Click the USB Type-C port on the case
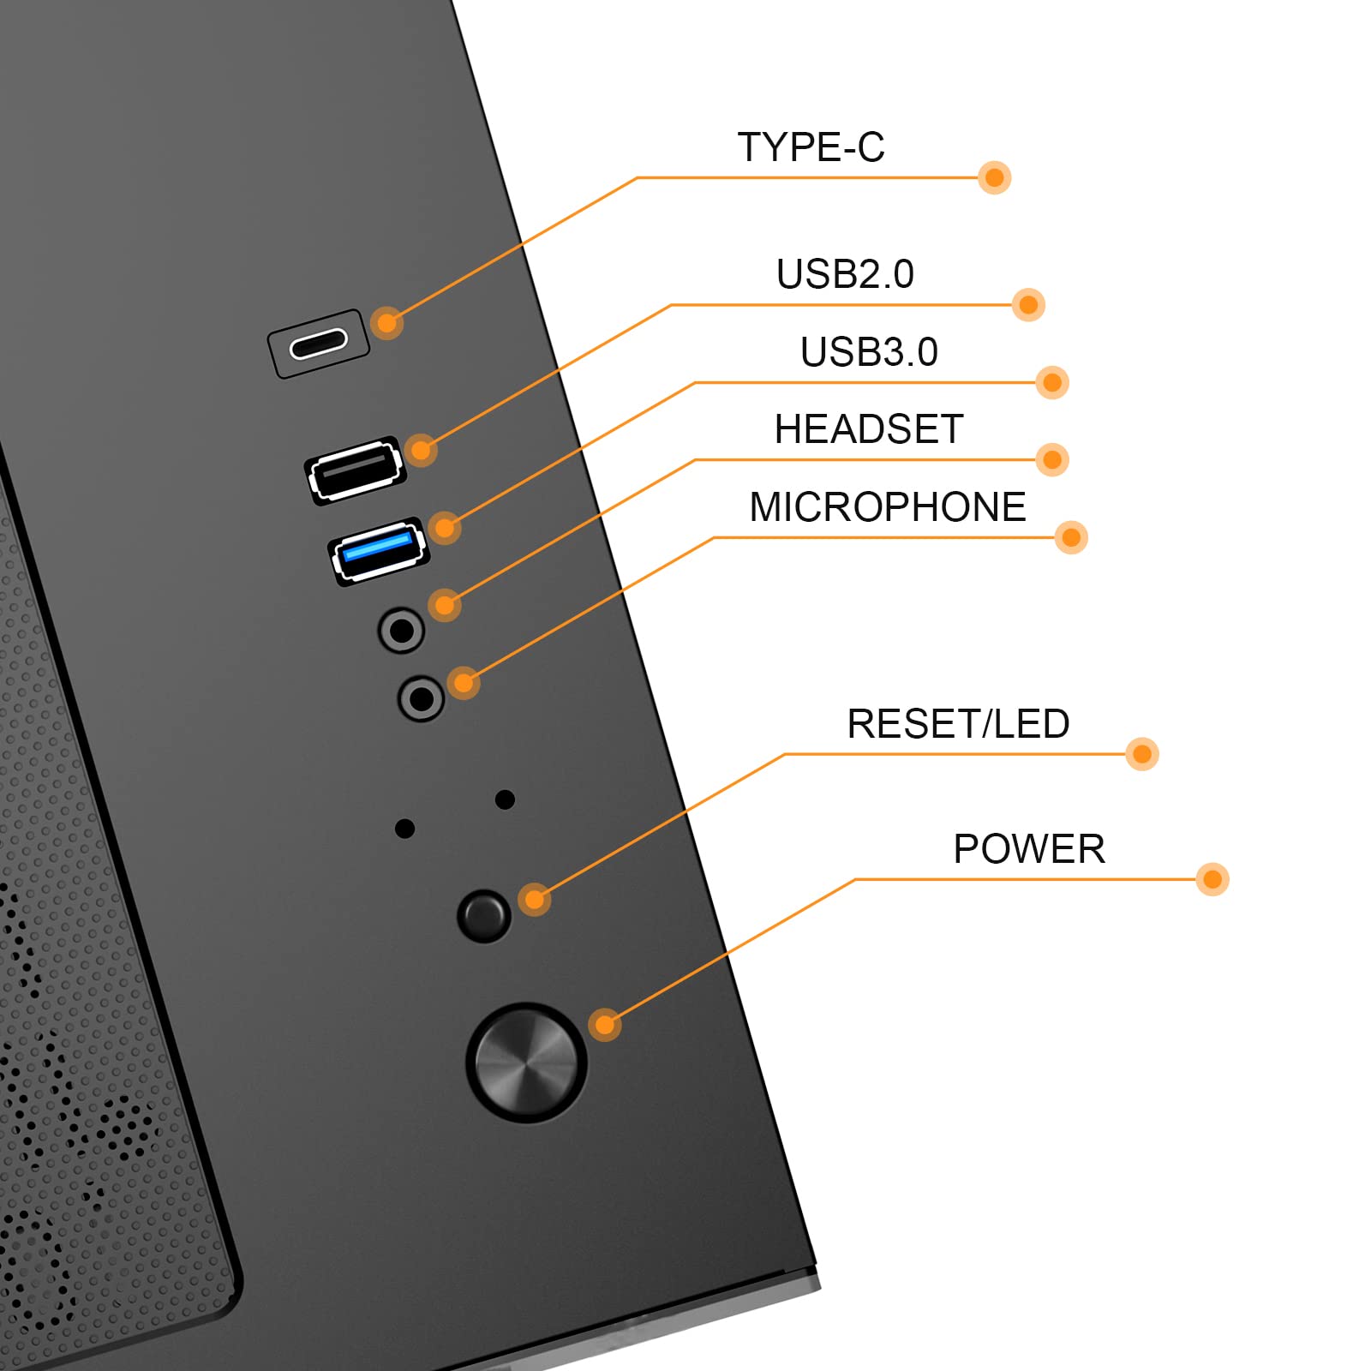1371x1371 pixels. click(318, 344)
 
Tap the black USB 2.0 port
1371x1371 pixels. click(356, 470)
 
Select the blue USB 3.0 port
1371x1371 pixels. click(379, 551)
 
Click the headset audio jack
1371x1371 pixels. click(401, 631)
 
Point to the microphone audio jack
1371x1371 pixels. click(421, 698)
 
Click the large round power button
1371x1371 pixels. click(526, 1063)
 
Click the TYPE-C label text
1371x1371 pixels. click(811, 147)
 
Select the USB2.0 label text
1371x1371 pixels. click(845, 274)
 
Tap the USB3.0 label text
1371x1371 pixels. click(869, 352)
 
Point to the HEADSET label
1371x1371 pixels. click(869, 429)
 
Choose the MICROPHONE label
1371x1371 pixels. click(888, 507)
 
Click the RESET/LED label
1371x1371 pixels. click(958, 724)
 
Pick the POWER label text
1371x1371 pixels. click(1029, 849)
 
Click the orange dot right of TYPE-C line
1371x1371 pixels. click(995, 177)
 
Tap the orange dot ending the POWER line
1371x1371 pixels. click(1212, 879)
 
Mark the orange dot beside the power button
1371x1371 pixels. click(605, 1025)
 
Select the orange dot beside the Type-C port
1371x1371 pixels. click(387, 323)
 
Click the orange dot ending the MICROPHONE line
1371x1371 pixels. click(1071, 537)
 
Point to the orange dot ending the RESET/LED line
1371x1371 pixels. click(1142, 754)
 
